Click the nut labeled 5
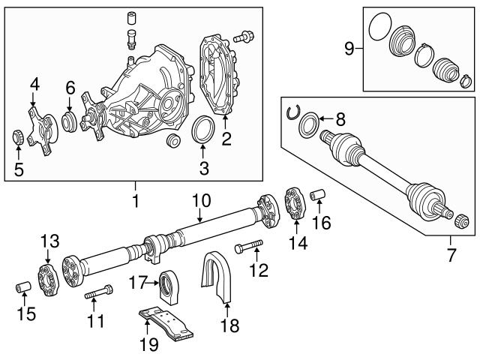pos(17,137)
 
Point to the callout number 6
pos(69,88)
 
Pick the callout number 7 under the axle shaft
pos(451,255)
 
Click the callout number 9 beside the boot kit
pos(349,49)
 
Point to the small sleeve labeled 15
pos(23,289)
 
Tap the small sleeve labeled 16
pos(316,196)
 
